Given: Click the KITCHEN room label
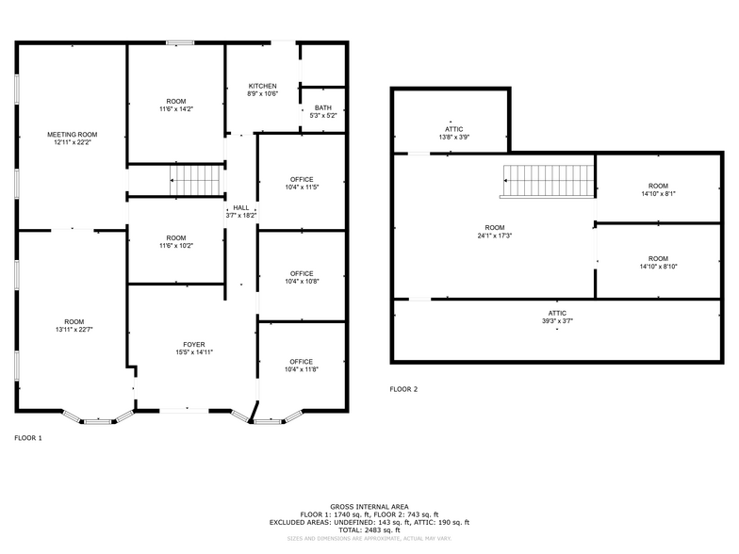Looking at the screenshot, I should (x=262, y=86).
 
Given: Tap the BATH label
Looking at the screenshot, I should (x=322, y=107).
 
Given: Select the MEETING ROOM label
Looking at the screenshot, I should (x=73, y=135).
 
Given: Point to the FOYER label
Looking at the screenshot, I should (x=194, y=345).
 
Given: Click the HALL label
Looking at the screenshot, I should (x=241, y=207).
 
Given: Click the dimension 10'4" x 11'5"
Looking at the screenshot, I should (x=302, y=187).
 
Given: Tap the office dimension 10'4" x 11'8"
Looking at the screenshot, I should (x=302, y=370).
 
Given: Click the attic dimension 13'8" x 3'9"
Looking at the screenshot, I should (x=453, y=138).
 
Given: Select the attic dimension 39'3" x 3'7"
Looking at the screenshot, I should (x=557, y=321).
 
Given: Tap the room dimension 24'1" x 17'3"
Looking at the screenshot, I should (x=495, y=236).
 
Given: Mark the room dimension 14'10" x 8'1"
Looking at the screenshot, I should (x=658, y=194).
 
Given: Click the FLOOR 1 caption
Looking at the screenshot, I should (x=28, y=438).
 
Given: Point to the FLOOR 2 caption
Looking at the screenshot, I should (x=403, y=389).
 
